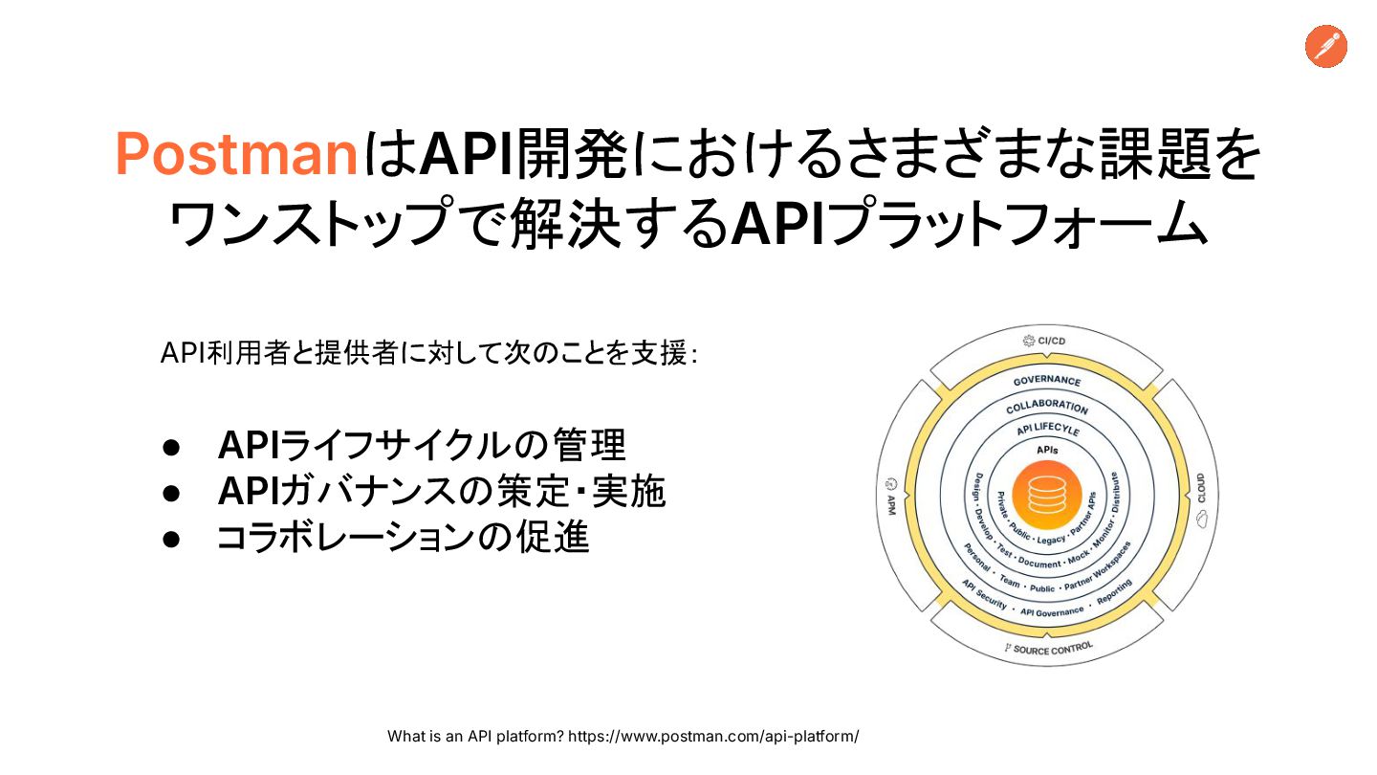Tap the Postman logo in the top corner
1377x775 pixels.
pos(1325,47)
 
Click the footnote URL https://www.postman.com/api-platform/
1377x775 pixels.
pos(713,736)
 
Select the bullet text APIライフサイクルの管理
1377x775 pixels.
pos(422,445)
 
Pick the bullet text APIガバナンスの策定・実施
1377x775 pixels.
pos(441,492)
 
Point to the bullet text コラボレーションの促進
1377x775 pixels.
pos(403,538)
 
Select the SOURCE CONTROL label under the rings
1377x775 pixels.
pos(1049,649)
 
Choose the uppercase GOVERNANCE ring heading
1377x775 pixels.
pos(1047,381)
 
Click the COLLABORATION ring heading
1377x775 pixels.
pos(1047,407)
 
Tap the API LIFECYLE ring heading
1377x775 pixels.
pos(1047,430)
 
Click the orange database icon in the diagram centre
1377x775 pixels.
pos(1046,496)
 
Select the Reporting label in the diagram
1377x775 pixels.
pos(1115,591)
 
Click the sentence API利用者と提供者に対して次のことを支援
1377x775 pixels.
pos(427,354)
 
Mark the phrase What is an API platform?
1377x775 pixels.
pos(475,736)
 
